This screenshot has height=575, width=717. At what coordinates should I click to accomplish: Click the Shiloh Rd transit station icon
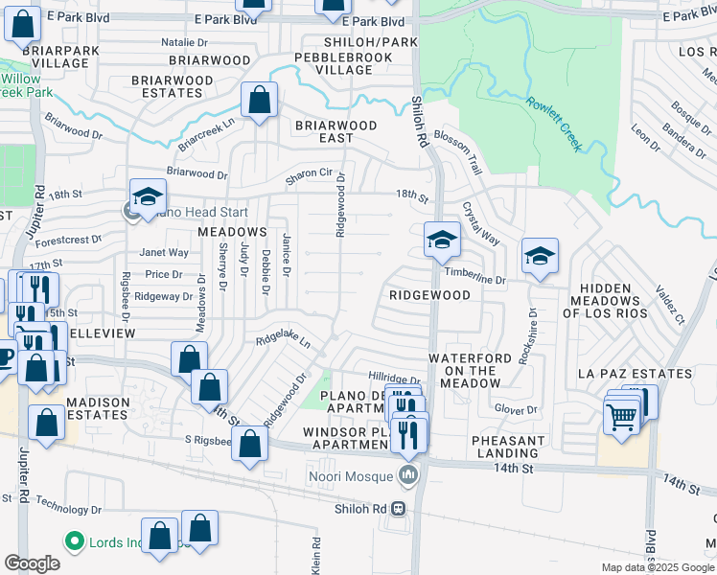point(398,509)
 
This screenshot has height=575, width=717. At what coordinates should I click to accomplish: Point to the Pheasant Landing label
point(508,448)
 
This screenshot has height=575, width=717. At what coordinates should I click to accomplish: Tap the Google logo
point(33,563)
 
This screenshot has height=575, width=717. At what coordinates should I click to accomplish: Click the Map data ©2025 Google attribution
point(657,567)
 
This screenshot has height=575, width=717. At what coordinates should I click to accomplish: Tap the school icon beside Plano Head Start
point(148,197)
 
